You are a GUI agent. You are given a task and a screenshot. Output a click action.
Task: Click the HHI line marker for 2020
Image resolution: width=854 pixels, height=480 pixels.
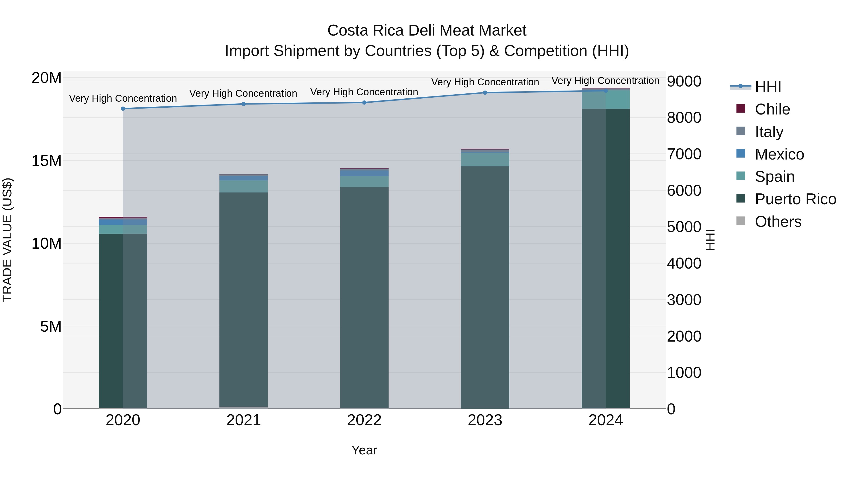click(123, 109)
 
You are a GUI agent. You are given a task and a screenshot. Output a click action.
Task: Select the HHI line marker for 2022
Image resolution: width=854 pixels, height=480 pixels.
click(364, 103)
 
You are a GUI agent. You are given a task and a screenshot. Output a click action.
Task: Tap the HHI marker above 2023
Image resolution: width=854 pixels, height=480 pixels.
click(485, 93)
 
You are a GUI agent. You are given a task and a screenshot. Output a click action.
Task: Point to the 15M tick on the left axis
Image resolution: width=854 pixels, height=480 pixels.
click(46, 161)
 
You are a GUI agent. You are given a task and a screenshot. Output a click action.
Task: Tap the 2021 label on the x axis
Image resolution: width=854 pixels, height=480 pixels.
click(244, 420)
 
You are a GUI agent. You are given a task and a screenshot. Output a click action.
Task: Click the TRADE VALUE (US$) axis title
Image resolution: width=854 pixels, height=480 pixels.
click(7, 240)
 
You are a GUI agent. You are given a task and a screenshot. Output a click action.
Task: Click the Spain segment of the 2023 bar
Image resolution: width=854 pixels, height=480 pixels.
click(485, 159)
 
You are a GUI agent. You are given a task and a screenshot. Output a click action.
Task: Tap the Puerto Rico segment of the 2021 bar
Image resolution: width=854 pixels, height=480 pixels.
click(244, 298)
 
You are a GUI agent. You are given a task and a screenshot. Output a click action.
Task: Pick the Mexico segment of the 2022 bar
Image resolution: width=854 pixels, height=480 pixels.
click(364, 173)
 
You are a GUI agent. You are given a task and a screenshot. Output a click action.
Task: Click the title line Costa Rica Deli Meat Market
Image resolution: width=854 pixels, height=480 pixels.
click(427, 31)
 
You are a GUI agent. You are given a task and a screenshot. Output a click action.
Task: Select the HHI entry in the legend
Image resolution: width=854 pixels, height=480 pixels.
click(768, 87)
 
